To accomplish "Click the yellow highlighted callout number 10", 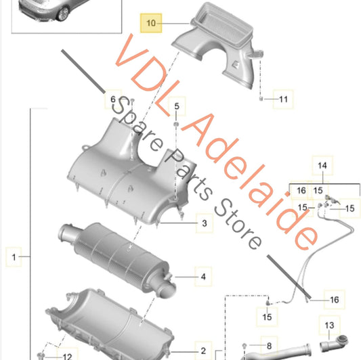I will tap(152, 24).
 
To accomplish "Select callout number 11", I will tap(283, 102).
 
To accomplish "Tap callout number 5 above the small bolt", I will tap(175, 107).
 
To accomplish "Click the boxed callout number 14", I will tap(322, 166).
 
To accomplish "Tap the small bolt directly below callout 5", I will tap(175, 125).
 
